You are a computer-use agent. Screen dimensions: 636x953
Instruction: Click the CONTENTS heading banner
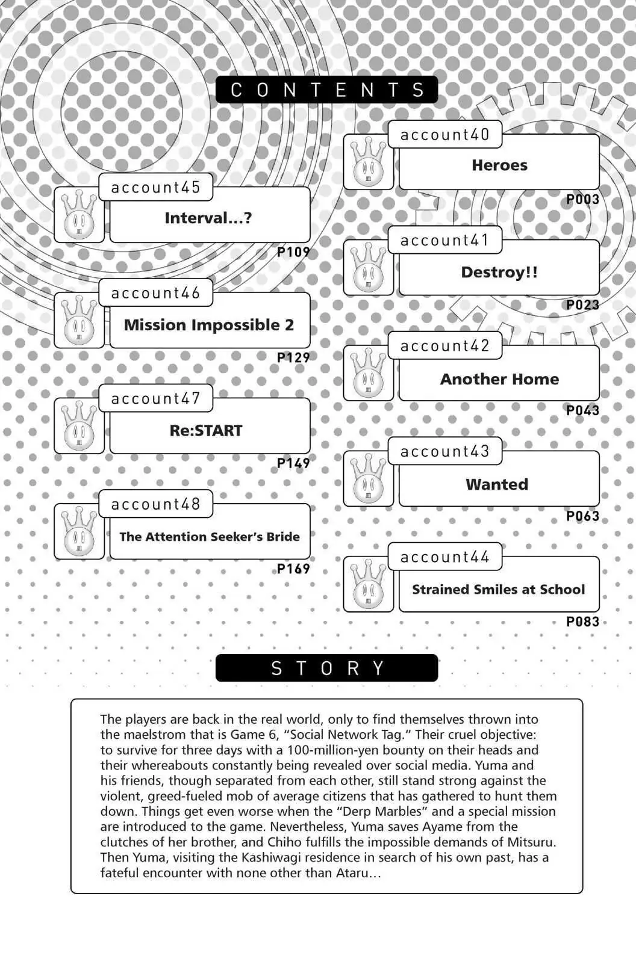(x=326, y=89)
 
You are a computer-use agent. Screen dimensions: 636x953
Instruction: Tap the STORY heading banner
(x=326, y=668)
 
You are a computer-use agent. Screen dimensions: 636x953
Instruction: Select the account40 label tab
(x=444, y=134)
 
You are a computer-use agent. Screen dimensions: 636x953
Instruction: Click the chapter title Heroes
(x=499, y=165)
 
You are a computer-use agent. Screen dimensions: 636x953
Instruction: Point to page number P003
(x=582, y=199)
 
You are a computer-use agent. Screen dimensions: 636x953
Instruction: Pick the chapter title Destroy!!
(x=499, y=273)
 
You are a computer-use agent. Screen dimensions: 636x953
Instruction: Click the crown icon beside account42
(x=369, y=372)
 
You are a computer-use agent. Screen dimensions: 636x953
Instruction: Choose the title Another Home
(x=499, y=378)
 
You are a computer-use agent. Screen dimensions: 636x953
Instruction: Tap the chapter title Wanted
(x=497, y=484)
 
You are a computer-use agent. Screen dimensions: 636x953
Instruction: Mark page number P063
(x=582, y=516)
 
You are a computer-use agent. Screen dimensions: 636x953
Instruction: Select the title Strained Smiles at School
(x=499, y=589)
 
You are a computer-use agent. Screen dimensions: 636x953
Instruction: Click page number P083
(x=582, y=621)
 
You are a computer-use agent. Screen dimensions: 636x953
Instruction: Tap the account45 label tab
(x=155, y=187)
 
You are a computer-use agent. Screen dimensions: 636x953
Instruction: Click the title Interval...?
(x=208, y=218)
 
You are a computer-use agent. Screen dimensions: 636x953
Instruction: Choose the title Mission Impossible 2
(x=209, y=325)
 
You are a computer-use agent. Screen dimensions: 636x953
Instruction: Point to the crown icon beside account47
(x=79, y=425)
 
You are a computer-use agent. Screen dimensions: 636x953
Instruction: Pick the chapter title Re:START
(x=206, y=431)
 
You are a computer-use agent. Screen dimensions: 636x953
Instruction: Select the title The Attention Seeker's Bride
(x=209, y=537)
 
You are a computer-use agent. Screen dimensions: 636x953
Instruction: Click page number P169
(x=293, y=569)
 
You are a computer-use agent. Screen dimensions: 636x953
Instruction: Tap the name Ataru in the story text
(x=352, y=873)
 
